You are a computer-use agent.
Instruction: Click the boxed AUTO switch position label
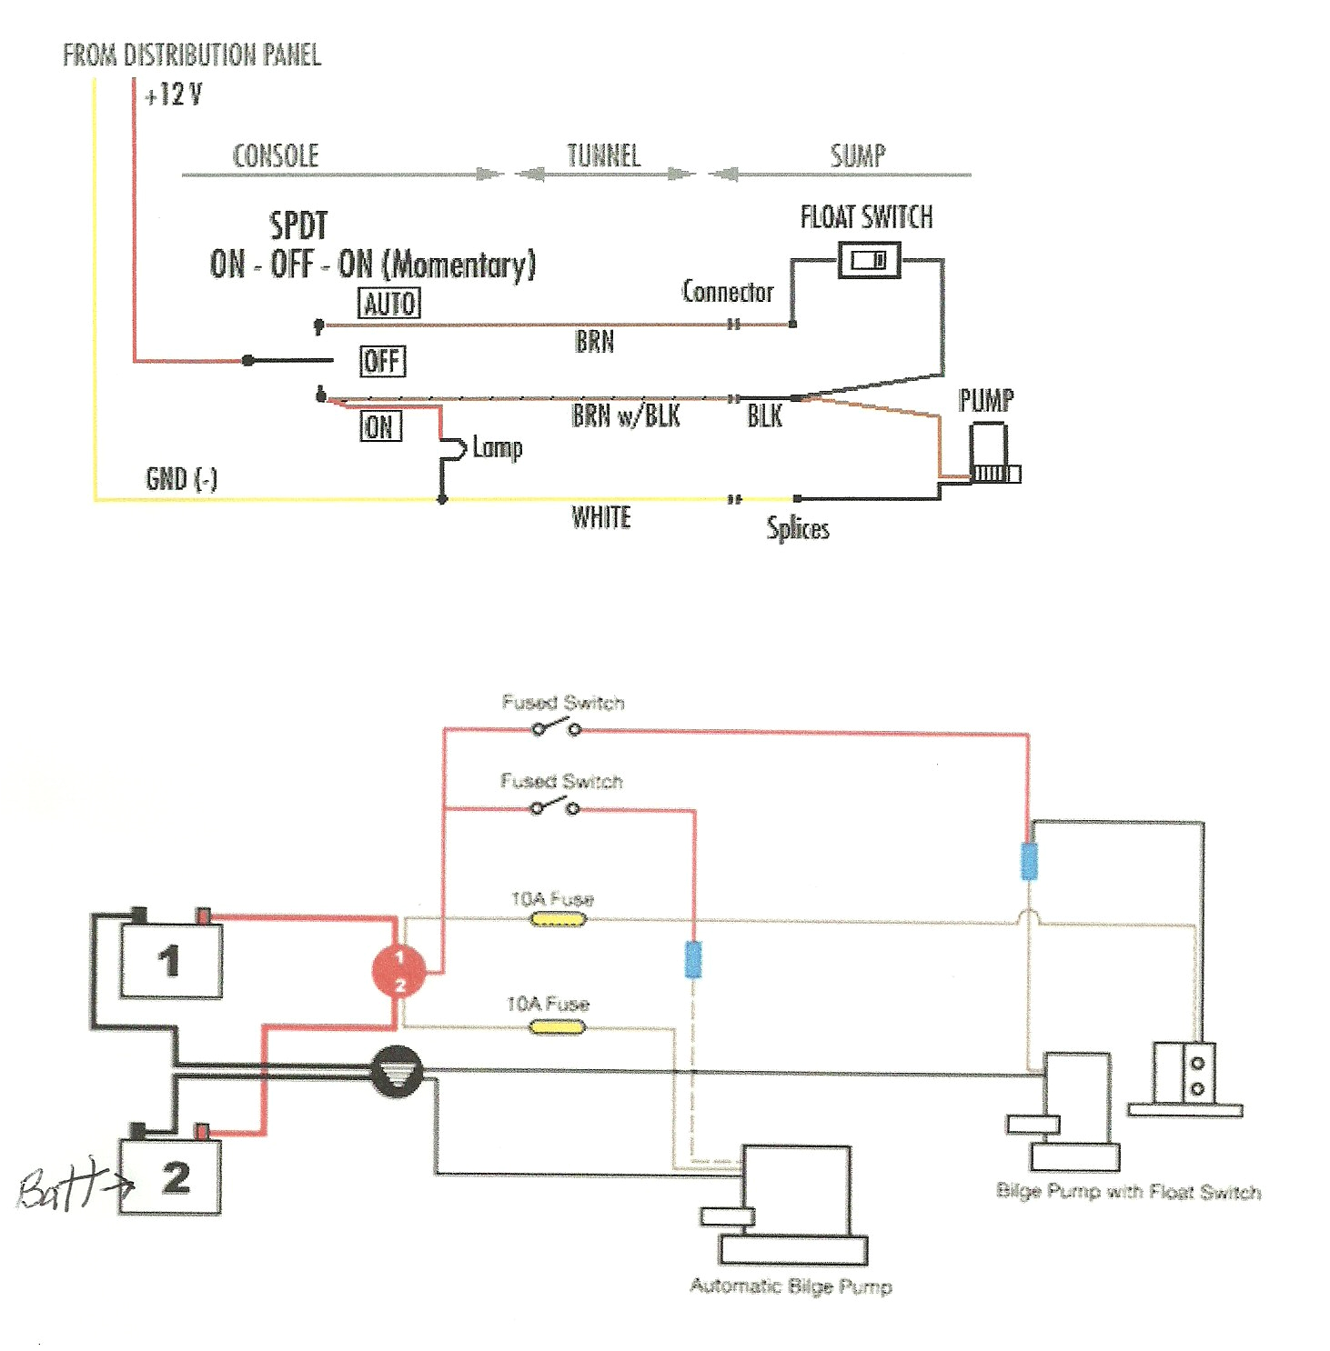pyautogui.click(x=389, y=303)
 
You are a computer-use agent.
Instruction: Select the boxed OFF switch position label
pyautogui.click(x=382, y=361)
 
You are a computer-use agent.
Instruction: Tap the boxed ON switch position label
pyautogui.click(x=380, y=426)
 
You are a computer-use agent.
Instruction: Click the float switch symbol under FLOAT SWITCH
pyautogui.click(x=869, y=260)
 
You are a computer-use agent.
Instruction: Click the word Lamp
pyautogui.click(x=497, y=447)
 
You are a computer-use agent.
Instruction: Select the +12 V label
pyautogui.click(x=174, y=95)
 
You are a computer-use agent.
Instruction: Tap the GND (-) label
pyautogui.click(x=181, y=478)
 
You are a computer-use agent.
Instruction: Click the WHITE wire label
pyautogui.click(x=600, y=517)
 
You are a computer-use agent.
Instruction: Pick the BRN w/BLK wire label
pyautogui.click(x=626, y=415)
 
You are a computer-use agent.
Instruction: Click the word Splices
pyautogui.click(x=798, y=528)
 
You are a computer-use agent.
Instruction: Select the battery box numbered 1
pyautogui.click(x=171, y=961)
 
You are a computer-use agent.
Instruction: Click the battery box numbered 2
pyautogui.click(x=170, y=1177)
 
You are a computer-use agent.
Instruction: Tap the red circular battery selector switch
pyautogui.click(x=398, y=971)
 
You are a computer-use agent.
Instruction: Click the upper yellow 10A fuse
pyautogui.click(x=558, y=919)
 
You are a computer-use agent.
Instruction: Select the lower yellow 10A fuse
pyautogui.click(x=557, y=1027)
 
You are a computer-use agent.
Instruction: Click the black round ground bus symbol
pyautogui.click(x=397, y=1072)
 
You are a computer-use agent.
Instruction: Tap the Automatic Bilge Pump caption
pyautogui.click(x=791, y=1286)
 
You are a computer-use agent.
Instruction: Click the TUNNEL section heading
pyautogui.click(x=604, y=155)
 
